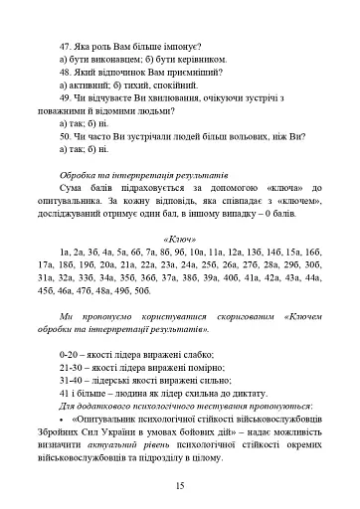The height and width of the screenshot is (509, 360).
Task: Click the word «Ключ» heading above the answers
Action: (179, 240)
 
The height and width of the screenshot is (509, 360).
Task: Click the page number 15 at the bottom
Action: (179, 485)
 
